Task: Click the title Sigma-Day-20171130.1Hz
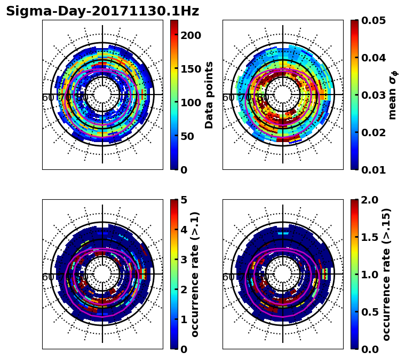point(102,11)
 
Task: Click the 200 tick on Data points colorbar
point(191,35)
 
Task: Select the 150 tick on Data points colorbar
point(191,69)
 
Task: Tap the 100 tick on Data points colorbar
point(191,103)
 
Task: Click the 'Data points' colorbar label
point(209,95)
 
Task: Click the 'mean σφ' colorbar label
point(393,95)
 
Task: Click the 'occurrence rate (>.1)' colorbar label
point(195,275)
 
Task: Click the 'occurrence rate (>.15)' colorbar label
point(387,275)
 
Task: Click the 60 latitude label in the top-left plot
point(47,98)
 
